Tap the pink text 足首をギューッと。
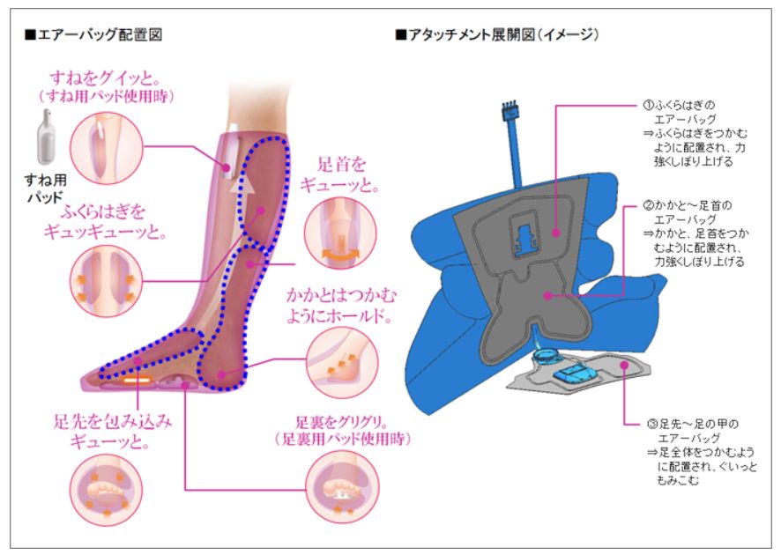click(x=339, y=174)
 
